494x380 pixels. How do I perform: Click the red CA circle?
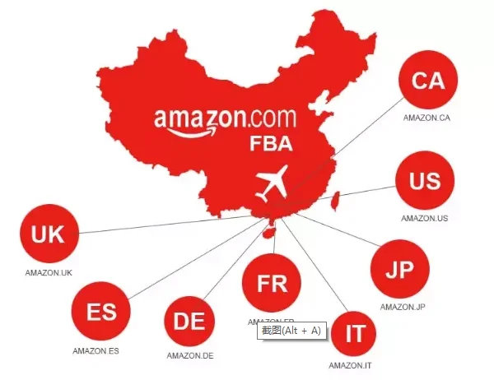(427, 81)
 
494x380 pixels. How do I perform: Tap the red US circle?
(425, 181)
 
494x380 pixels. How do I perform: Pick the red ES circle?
(100, 313)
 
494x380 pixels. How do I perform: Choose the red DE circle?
(190, 320)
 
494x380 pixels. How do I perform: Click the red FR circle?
(272, 284)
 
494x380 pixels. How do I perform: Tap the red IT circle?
(355, 333)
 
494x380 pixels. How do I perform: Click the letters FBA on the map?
(272, 145)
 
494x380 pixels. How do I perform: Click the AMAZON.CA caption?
(426, 118)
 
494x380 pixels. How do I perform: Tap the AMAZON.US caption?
(424, 218)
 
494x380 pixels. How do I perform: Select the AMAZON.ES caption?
(96, 351)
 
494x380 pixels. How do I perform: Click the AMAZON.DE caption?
(190, 355)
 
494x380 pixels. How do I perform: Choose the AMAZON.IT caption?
(352, 364)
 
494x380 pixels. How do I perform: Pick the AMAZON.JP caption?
(403, 307)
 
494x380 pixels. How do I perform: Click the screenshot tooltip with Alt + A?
(291, 330)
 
